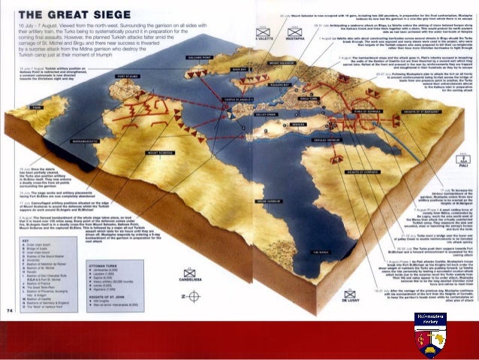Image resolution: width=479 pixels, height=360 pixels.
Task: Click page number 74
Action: coord(10,331)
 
